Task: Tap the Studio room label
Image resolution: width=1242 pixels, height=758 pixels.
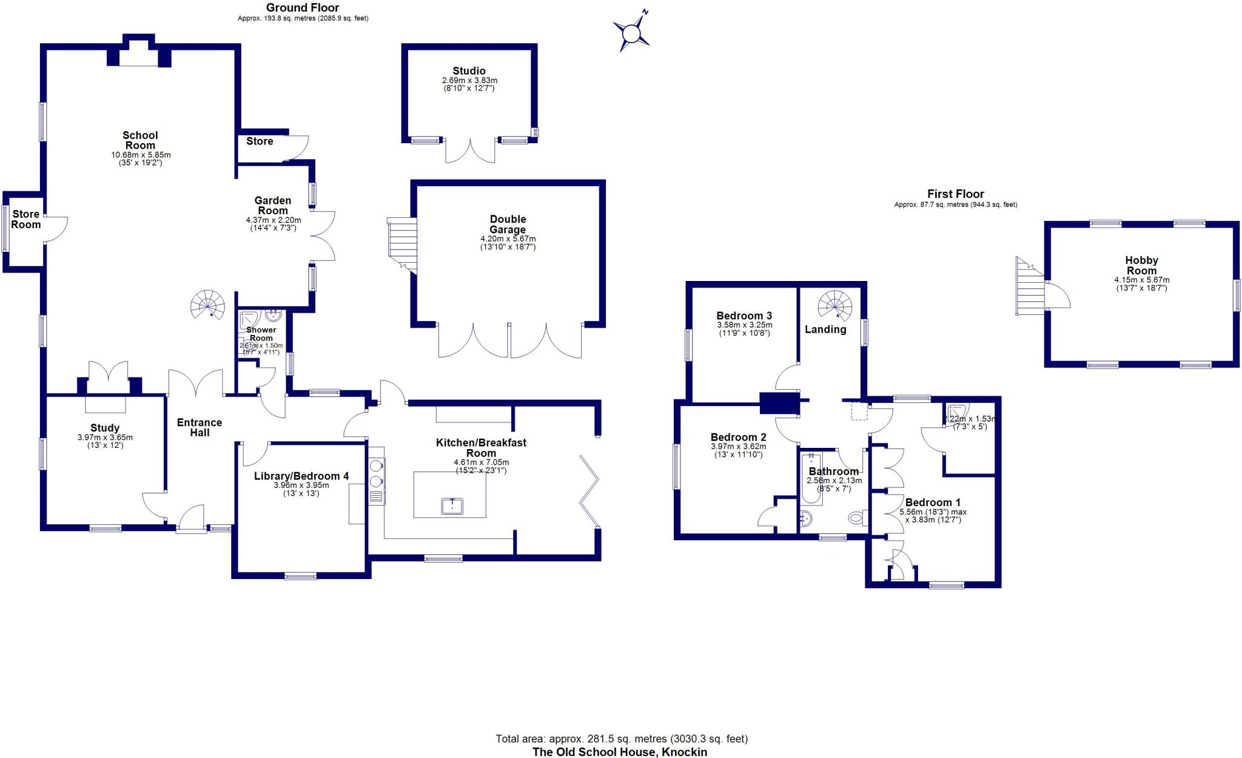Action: pos(469,71)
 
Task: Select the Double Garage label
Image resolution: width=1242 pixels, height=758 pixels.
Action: pos(508,224)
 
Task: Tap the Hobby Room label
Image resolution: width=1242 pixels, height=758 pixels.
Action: pos(1141,265)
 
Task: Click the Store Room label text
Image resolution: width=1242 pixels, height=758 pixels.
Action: pos(26,219)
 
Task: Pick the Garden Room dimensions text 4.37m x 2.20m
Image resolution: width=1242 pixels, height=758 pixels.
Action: pos(273,220)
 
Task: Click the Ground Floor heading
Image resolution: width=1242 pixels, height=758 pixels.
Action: pos(303,8)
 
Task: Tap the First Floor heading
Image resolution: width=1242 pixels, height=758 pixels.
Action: pos(955,194)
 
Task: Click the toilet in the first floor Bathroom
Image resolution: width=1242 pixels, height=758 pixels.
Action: pos(856,518)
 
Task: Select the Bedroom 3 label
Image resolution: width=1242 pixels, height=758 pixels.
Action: pos(744,316)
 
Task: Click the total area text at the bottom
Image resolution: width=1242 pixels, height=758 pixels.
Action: pos(622,739)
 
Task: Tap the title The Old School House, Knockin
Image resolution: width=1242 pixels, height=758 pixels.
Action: pos(620,752)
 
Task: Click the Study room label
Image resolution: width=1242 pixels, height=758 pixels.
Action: pos(105,428)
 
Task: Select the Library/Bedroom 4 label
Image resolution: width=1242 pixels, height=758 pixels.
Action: pos(301,476)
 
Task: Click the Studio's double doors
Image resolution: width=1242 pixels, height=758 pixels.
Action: pos(470,151)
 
